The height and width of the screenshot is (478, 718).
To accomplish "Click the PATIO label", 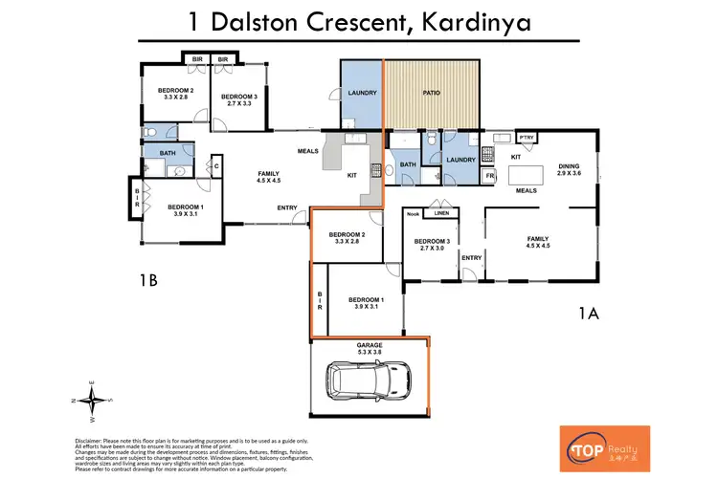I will pyautogui.click(x=432, y=93).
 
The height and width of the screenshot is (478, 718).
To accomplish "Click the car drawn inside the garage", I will pyautogui.click(x=368, y=381).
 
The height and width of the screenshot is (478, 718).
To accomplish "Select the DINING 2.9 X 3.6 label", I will pyautogui.click(x=569, y=170).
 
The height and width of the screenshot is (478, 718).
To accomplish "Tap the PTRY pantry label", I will pyautogui.click(x=527, y=136).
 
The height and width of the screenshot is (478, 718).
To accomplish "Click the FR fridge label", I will pyautogui.click(x=491, y=177).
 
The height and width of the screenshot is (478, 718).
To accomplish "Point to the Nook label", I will pyautogui.click(x=413, y=213).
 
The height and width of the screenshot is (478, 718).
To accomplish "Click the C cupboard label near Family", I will pyautogui.click(x=217, y=166).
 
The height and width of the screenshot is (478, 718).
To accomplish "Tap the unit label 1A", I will pyautogui.click(x=588, y=312).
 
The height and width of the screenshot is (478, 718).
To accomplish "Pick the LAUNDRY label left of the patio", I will pyautogui.click(x=363, y=93).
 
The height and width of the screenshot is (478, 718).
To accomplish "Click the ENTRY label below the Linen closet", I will pyautogui.click(x=471, y=257).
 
